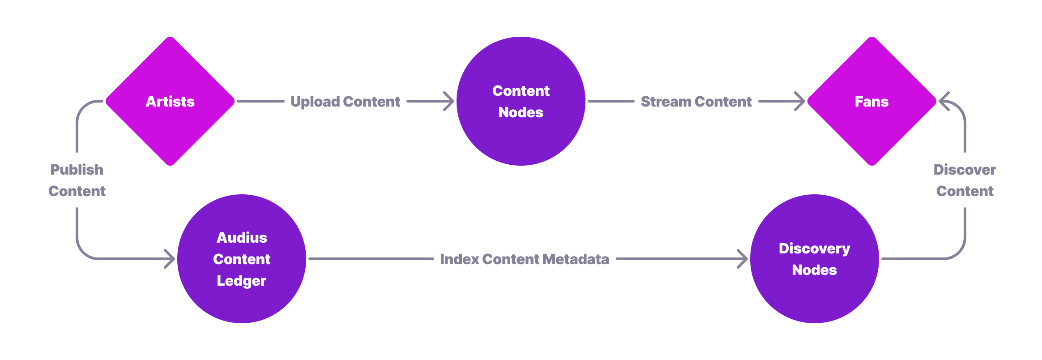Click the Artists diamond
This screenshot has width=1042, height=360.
coord(170,101)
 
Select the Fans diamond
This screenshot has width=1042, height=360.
coord(871,101)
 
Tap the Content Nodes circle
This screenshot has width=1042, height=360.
coord(521,101)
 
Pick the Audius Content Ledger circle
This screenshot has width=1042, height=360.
coord(242,259)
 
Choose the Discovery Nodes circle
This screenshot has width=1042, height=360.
coord(814,259)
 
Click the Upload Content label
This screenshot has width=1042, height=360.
coord(345,102)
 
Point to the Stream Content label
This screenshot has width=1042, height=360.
coord(696,102)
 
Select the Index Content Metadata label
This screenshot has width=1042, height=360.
coord(524,259)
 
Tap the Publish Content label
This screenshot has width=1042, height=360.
coord(77,180)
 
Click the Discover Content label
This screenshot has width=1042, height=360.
coord(965,180)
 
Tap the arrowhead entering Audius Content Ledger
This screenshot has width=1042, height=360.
coord(170,259)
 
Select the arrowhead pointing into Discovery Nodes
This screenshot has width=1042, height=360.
coord(743,259)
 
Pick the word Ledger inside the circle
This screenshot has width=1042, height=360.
coord(241,281)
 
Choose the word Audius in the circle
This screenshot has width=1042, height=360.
coord(242,238)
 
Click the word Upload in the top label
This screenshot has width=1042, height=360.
coord(315,102)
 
